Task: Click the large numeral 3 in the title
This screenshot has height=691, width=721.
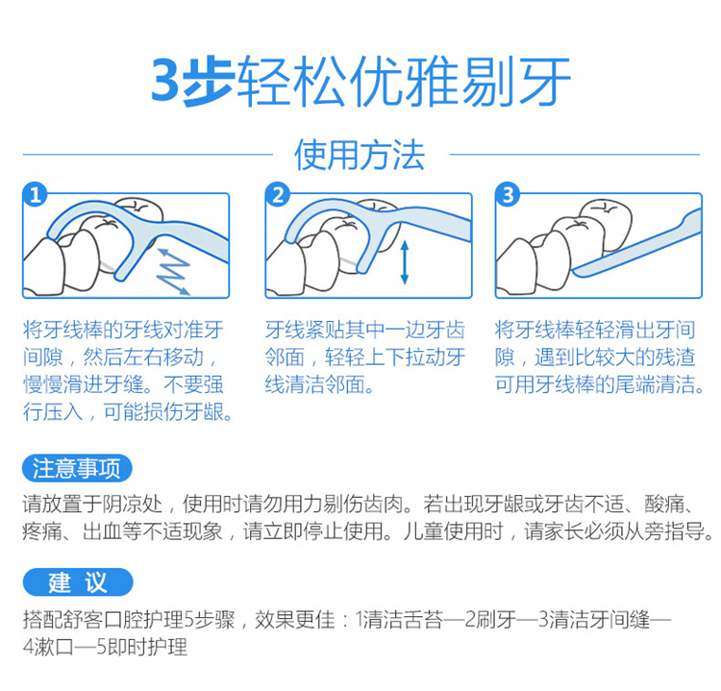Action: (167, 81)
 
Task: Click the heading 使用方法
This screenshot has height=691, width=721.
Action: (360, 155)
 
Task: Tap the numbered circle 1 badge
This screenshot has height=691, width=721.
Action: (35, 195)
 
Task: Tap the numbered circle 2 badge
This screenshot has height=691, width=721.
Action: (278, 195)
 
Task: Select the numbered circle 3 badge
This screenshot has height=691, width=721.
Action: (508, 195)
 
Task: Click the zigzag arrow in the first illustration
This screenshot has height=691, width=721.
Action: (173, 271)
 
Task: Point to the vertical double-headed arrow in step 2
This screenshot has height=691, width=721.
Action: (405, 262)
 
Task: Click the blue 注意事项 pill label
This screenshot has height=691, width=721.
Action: (77, 468)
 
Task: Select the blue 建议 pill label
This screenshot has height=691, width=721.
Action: (78, 582)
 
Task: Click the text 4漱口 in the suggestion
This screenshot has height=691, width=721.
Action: (48, 648)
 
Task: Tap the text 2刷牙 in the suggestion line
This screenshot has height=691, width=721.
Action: (490, 620)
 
